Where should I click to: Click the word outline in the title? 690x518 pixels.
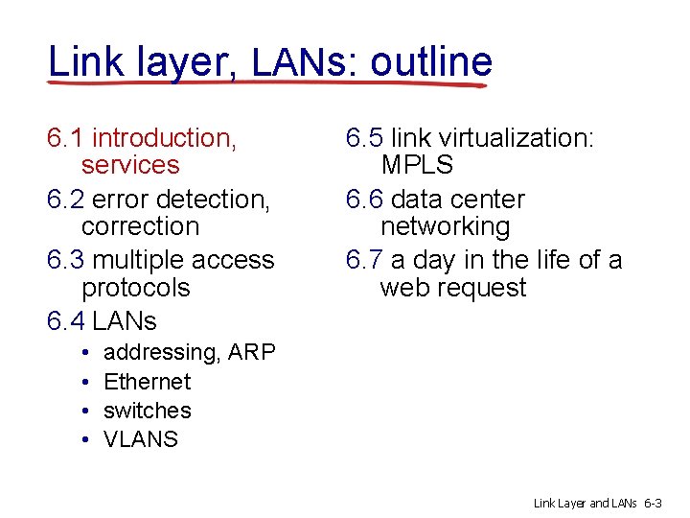[431, 61]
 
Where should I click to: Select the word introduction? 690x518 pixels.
[164, 138]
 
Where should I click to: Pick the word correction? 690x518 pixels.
[140, 226]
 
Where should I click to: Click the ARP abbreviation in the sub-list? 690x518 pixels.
[252, 353]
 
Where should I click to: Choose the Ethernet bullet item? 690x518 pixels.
[148, 382]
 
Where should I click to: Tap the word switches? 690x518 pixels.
[148, 411]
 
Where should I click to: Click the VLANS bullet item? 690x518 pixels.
[141, 439]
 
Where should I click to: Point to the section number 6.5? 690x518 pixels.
[364, 138]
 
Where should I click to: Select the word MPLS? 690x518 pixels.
[417, 165]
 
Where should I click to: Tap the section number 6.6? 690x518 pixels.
[364, 200]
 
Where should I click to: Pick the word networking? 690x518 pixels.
[445, 226]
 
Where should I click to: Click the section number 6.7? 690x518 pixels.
[364, 260]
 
